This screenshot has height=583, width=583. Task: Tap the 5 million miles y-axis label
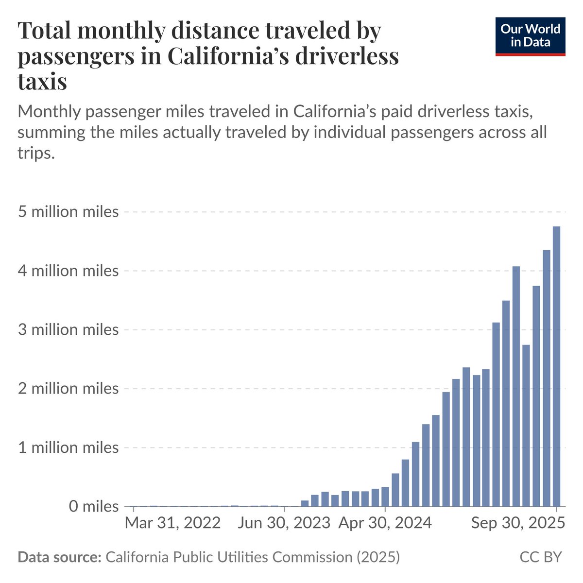pos(68,212)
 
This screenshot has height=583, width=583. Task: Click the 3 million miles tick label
pos(68,330)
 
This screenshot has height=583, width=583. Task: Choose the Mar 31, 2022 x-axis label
pos(173,523)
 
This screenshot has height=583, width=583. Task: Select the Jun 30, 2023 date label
pos(284,523)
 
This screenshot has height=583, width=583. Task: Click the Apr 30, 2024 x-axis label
pos(385,523)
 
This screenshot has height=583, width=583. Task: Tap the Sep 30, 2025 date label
pos(518,523)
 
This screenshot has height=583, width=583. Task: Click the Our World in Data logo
pos(530,36)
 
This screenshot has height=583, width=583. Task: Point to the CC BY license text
pos(541,557)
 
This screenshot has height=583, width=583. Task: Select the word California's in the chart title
pos(228,56)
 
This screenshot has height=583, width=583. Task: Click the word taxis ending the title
pos(42,81)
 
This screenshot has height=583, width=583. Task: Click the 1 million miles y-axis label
pos(68,447)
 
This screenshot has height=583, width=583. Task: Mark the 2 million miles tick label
pos(68,389)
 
